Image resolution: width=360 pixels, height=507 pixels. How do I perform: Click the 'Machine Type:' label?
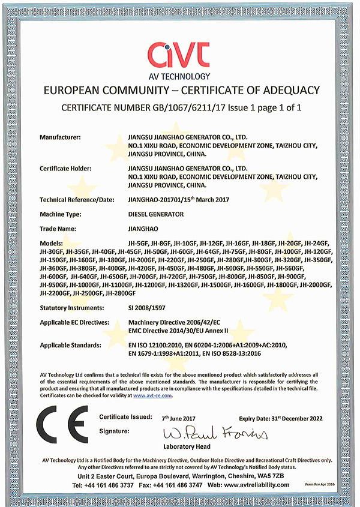point(61,214)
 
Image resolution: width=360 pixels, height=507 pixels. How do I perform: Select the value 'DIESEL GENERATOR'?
point(153,214)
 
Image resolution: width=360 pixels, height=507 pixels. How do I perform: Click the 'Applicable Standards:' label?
point(70,346)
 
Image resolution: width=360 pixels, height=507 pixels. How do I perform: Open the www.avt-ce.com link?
point(152,395)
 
